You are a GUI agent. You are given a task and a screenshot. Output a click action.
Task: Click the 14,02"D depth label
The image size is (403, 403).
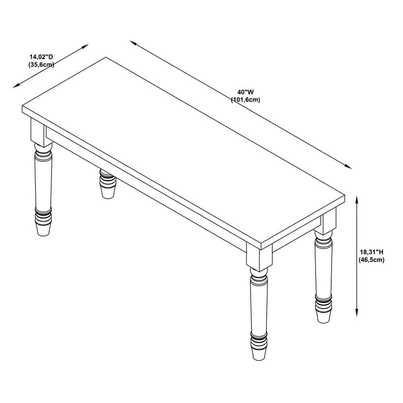point(41,57)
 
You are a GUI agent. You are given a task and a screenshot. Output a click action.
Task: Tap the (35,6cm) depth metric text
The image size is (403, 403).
point(41,64)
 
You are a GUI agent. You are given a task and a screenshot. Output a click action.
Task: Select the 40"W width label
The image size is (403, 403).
point(245,92)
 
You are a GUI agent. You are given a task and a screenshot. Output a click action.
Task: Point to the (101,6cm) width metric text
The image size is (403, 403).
point(245,100)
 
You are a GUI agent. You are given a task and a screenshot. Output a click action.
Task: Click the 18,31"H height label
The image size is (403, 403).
point(372,252)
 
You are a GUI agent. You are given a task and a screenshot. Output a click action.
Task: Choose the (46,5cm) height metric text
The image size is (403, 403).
point(372,260)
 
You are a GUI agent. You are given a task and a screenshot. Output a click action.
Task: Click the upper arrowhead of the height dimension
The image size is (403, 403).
point(357,199)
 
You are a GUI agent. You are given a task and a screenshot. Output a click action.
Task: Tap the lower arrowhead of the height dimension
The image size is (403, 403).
point(357,313)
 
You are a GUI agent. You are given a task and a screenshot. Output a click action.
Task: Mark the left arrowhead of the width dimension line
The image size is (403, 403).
point(133,43)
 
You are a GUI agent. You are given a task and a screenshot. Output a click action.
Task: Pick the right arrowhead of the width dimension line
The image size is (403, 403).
point(348,166)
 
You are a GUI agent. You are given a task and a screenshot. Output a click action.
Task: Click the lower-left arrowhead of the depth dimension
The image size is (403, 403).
point(17,86)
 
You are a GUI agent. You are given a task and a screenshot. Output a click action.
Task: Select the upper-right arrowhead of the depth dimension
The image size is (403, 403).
point(85,46)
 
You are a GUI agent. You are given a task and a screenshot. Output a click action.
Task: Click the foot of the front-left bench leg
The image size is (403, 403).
point(43,230)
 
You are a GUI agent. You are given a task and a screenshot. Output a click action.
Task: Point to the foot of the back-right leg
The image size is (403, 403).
point(323,316)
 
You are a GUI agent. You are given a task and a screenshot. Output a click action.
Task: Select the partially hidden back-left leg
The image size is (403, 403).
point(108,183)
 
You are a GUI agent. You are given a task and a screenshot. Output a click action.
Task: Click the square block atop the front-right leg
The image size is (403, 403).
point(259,256)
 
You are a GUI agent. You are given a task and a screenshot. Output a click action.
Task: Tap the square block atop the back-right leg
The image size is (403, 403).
point(329,221)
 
